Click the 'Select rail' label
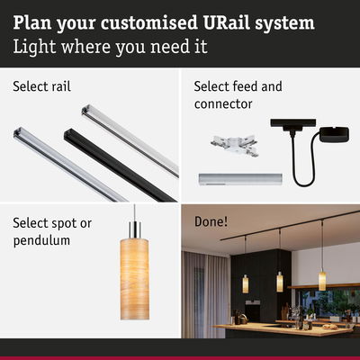(41, 87)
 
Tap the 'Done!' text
(210, 220)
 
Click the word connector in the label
(223, 103)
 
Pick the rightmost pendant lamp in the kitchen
(322, 279)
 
